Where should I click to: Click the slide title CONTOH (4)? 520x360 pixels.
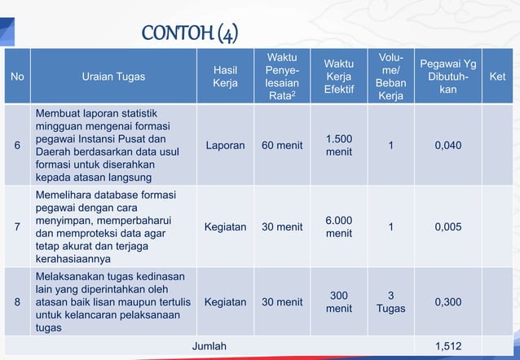click(x=189, y=33)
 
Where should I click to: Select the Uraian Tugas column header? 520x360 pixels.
click(x=113, y=77)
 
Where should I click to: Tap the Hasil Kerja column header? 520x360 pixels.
click(x=225, y=77)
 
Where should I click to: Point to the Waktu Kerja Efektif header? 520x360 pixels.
click(x=339, y=77)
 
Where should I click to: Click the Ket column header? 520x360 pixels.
click(x=496, y=77)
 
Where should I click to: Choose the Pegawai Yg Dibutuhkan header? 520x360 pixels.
click(x=447, y=77)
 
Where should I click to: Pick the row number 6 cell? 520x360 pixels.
click(x=18, y=146)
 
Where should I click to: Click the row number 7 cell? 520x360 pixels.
click(x=18, y=227)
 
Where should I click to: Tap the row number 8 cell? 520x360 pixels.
click(x=18, y=302)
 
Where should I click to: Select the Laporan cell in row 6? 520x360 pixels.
click(x=225, y=146)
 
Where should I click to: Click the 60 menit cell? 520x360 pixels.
click(x=282, y=146)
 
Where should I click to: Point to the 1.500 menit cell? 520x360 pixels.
click(x=339, y=146)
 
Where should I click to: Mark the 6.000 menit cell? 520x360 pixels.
click(x=339, y=227)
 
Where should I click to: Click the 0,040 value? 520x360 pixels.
click(x=447, y=146)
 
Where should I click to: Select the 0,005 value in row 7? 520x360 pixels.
click(x=447, y=227)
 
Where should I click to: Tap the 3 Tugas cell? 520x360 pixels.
click(x=391, y=302)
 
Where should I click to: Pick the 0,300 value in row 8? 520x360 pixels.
click(x=447, y=302)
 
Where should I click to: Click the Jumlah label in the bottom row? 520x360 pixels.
click(x=209, y=346)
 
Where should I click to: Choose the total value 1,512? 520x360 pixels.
click(x=447, y=346)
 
